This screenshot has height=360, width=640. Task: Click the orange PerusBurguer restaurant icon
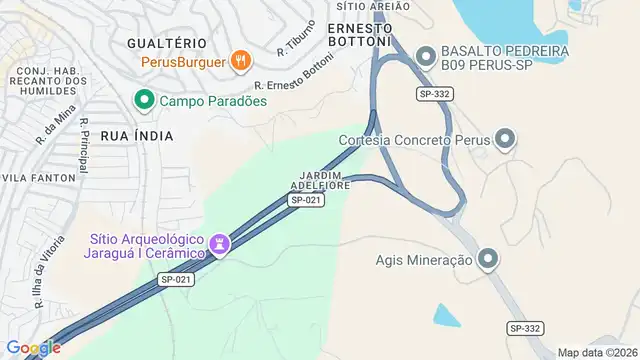[x=240, y=61]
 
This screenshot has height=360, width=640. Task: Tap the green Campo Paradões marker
[x=144, y=100]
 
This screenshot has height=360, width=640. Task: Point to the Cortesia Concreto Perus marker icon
[x=505, y=139]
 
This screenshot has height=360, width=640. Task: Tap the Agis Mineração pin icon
[x=488, y=260]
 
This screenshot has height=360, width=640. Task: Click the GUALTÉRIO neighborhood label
[x=167, y=43]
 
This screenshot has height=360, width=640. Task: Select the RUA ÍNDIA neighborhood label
[x=137, y=135]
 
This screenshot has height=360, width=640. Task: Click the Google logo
[x=33, y=347]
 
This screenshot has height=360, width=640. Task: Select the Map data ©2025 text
[x=597, y=352]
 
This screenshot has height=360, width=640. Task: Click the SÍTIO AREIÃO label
[x=381, y=6]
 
